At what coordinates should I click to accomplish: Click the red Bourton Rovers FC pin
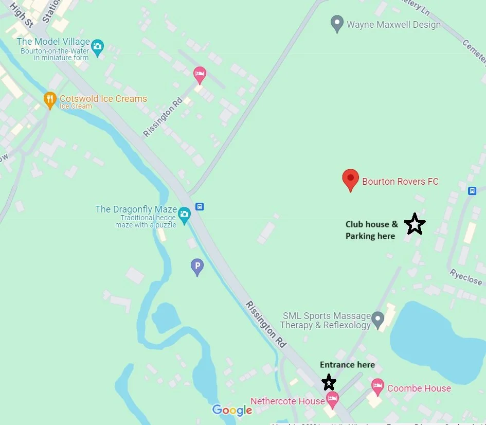350,180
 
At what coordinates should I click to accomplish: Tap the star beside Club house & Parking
415,224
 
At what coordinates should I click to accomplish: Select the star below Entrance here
329,382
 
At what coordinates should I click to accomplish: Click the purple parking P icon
197,267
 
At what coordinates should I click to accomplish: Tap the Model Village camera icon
97,48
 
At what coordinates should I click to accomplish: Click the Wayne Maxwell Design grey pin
337,24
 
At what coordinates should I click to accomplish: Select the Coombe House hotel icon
378,386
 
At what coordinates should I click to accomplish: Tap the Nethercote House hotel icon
333,398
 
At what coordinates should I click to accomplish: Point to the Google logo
232,410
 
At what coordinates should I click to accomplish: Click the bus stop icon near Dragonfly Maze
200,207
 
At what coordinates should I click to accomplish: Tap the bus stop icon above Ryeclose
472,191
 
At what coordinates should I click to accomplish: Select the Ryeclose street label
466,277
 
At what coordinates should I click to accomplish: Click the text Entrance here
347,365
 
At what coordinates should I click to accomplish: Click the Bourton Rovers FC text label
400,181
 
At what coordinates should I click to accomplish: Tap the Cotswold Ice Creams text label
103,98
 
